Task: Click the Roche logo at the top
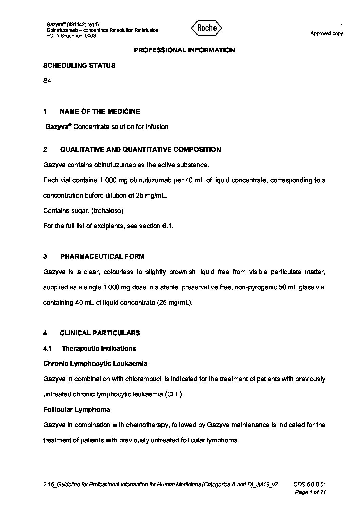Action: [x=207, y=28]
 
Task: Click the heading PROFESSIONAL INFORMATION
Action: [x=184, y=50]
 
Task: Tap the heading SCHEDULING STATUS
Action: [x=79, y=66]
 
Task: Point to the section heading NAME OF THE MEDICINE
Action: [x=100, y=111]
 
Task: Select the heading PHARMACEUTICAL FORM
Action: [x=102, y=256]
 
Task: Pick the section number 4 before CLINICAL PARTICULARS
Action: [x=45, y=333]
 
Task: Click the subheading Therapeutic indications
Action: [x=99, y=348]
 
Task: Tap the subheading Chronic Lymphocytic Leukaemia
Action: [x=95, y=363]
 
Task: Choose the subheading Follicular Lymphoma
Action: [x=76, y=409]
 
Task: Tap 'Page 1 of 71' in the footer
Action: [x=310, y=492]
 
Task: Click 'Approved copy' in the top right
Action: [x=327, y=33]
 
